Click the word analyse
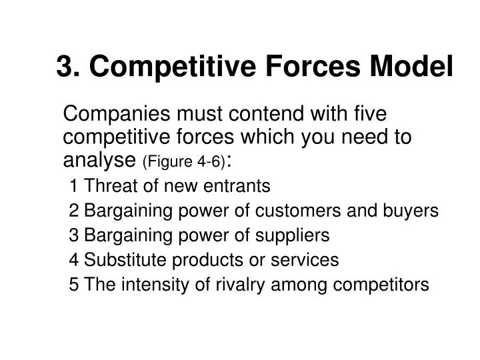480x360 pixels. pyautogui.click(x=99, y=159)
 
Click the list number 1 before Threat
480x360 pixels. pyautogui.click(x=73, y=185)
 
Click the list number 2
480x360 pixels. pyautogui.click(x=73, y=211)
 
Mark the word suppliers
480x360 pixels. pyautogui.click(x=295, y=235)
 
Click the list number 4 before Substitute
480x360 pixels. pyautogui.click(x=73, y=260)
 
